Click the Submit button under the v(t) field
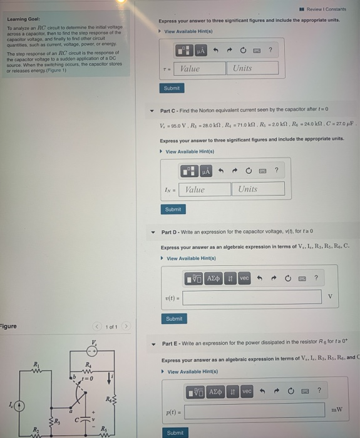click(173, 318)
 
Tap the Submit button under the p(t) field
click(175, 432)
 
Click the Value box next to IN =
click(206, 189)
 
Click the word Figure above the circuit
click(9, 326)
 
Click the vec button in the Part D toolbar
click(244, 277)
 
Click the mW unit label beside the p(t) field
click(339, 410)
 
